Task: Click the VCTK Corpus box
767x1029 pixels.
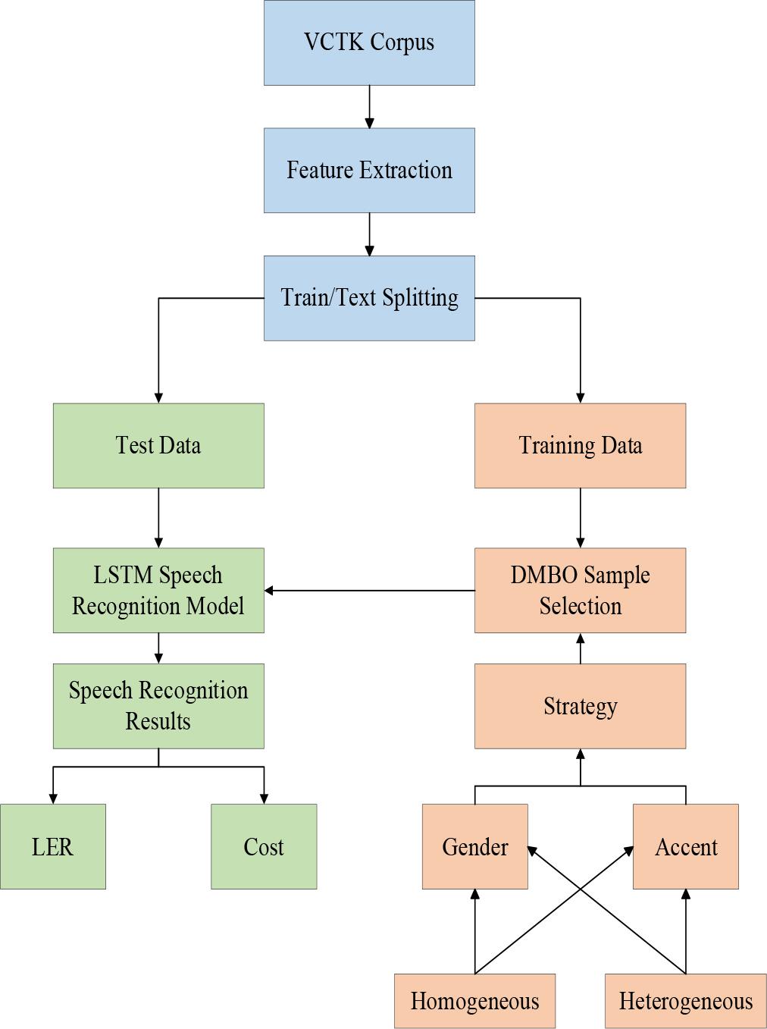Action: coord(369,42)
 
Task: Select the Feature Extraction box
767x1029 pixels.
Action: coord(369,170)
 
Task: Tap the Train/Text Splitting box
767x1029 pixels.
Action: coord(369,297)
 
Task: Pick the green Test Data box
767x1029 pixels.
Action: coord(158,445)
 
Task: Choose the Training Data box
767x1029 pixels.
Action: coord(580,445)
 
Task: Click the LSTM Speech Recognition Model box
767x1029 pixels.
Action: coord(158,590)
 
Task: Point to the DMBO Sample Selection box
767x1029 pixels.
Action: coord(580,590)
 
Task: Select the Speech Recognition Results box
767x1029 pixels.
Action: coord(158,706)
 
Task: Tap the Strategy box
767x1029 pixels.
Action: coord(580,706)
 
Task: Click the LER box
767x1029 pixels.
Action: coord(52,846)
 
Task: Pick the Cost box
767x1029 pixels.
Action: coord(264,846)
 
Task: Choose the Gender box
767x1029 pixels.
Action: coord(474,846)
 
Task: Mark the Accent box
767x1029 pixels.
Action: coord(685,846)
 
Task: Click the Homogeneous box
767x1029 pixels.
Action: coord(474,1001)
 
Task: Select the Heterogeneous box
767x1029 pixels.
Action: coord(685,1001)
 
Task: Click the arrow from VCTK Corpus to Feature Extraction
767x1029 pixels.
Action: coord(369,106)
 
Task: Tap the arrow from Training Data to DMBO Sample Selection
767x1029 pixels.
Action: coord(580,517)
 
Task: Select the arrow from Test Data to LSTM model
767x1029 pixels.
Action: coord(158,517)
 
